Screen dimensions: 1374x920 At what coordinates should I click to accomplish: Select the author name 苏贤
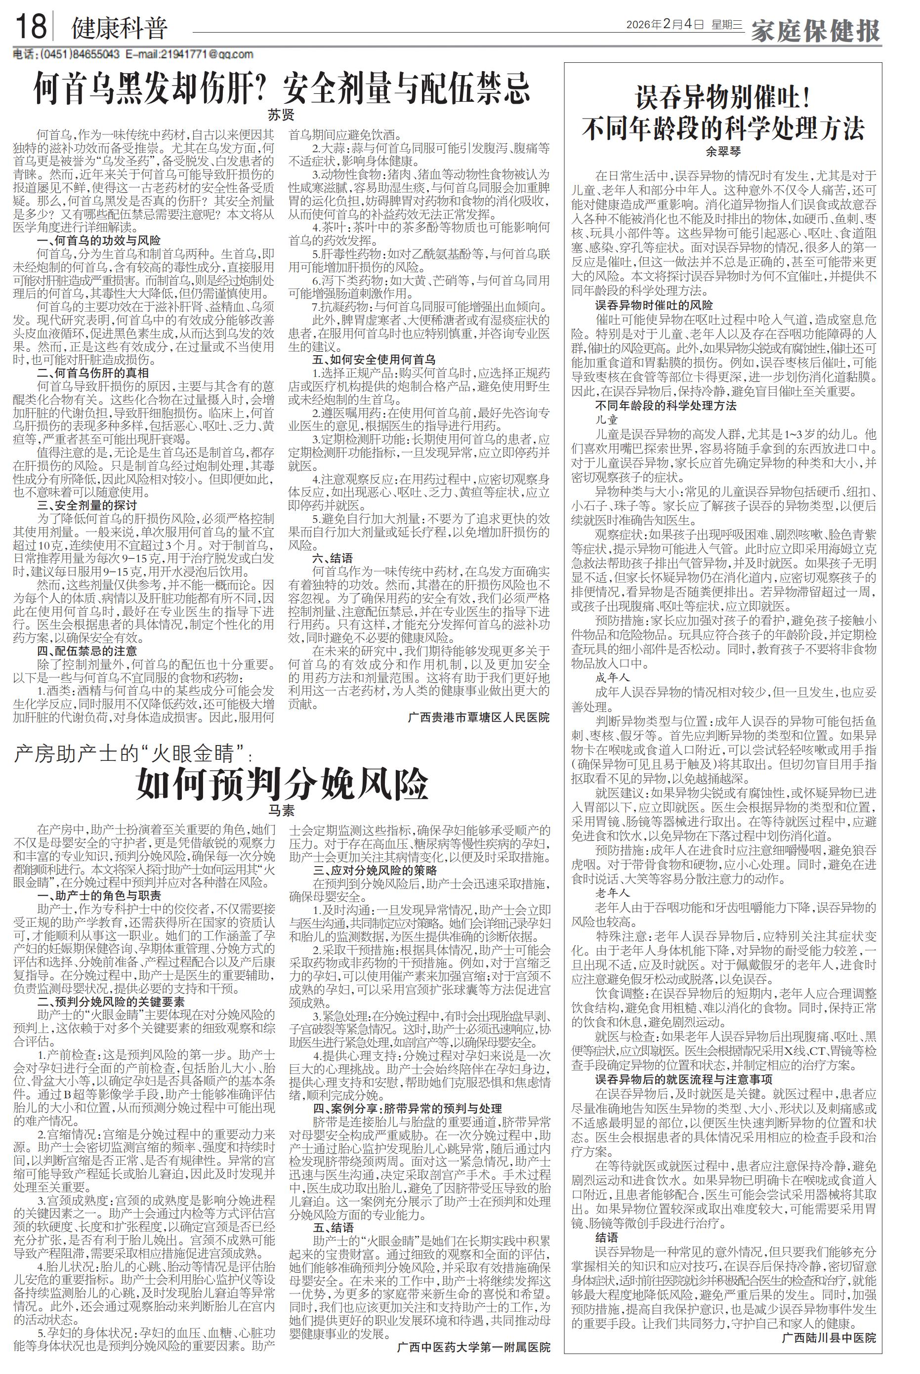pyautogui.click(x=281, y=115)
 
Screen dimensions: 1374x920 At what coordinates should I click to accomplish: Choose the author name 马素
pyautogui.click(x=281, y=811)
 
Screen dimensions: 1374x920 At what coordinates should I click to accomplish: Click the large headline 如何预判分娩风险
pyautogui.click(x=282, y=783)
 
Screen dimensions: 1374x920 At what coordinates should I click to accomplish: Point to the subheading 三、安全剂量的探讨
pyautogui.click(x=87, y=504)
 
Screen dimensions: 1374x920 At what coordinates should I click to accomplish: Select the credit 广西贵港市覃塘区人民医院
pyautogui.click(x=478, y=717)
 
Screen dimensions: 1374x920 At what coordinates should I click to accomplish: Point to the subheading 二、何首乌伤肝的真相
pyautogui.click(x=93, y=373)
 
